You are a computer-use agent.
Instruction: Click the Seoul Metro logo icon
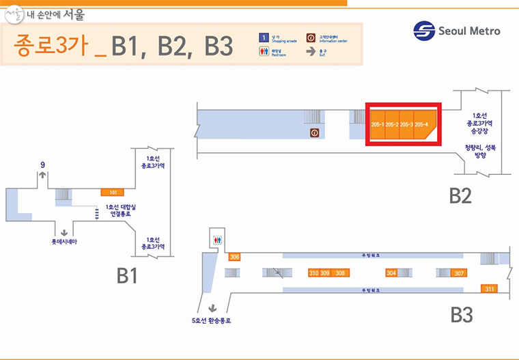(x=423, y=31)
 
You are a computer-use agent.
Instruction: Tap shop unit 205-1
(x=378, y=124)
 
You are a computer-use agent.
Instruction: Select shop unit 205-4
(x=423, y=124)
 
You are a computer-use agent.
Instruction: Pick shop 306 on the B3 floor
(x=234, y=257)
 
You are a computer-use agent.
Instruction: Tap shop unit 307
(x=459, y=273)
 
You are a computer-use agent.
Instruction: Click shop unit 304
(x=391, y=273)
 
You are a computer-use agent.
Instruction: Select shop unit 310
(x=314, y=273)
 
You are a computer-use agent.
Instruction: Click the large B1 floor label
(x=127, y=275)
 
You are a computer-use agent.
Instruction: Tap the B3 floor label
(x=461, y=315)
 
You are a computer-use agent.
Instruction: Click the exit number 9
(x=42, y=164)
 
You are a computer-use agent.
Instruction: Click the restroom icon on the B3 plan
(x=217, y=240)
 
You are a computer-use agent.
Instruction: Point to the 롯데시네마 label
(x=64, y=242)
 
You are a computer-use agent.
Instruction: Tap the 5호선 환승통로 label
(x=212, y=320)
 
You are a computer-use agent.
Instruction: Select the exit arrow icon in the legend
(x=311, y=51)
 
